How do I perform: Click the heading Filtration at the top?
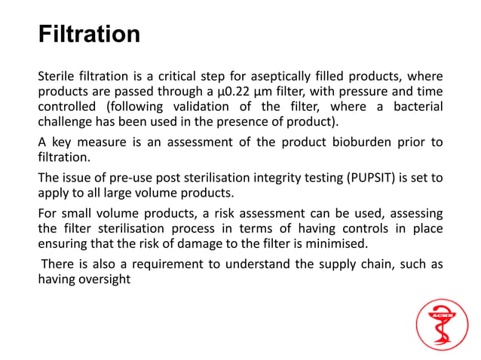tap(89, 35)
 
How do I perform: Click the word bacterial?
tap(413, 108)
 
